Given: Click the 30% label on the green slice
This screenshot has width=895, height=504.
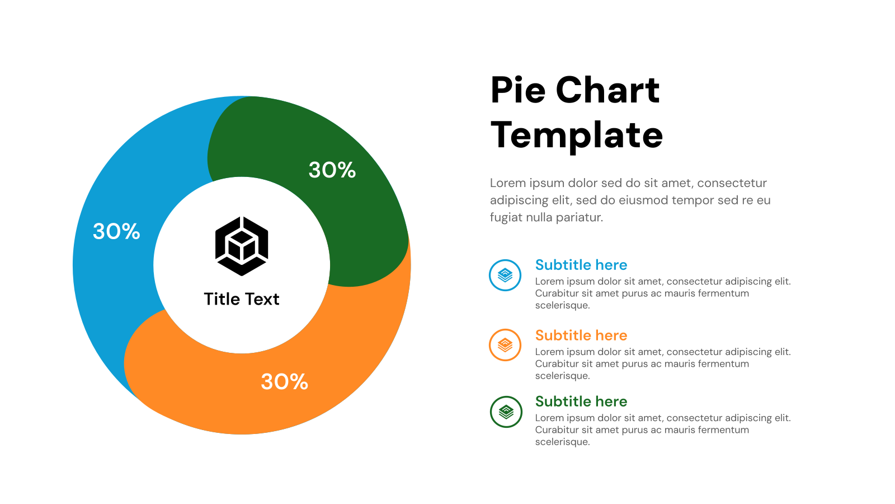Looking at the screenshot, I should [x=332, y=170].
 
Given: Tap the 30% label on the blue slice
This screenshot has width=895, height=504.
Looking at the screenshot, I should [x=116, y=232].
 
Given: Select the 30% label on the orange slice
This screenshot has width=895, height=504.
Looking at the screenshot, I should [x=284, y=382].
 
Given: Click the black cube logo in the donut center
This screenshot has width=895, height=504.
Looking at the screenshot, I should [x=242, y=246].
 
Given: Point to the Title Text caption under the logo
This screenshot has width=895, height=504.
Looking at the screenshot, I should [x=242, y=299].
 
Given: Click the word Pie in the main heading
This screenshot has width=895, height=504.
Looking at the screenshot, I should [x=517, y=90].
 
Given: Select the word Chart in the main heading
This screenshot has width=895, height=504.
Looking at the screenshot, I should [x=607, y=90].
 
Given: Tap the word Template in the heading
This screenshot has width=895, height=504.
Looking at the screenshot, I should [x=577, y=136].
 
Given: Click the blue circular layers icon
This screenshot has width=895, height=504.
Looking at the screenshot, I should [x=505, y=275].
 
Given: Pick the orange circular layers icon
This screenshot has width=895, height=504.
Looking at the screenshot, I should [x=505, y=345].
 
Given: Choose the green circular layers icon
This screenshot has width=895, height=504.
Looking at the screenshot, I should [x=506, y=412].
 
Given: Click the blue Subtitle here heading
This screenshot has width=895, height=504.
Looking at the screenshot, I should [x=581, y=265].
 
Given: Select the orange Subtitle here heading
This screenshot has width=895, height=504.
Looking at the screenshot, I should [x=581, y=335].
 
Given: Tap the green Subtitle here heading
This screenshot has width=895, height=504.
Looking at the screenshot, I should [x=581, y=402].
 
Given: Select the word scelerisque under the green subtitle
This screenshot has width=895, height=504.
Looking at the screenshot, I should [x=562, y=442].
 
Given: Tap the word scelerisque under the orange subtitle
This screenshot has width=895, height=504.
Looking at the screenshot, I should [x=562, y=376].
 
